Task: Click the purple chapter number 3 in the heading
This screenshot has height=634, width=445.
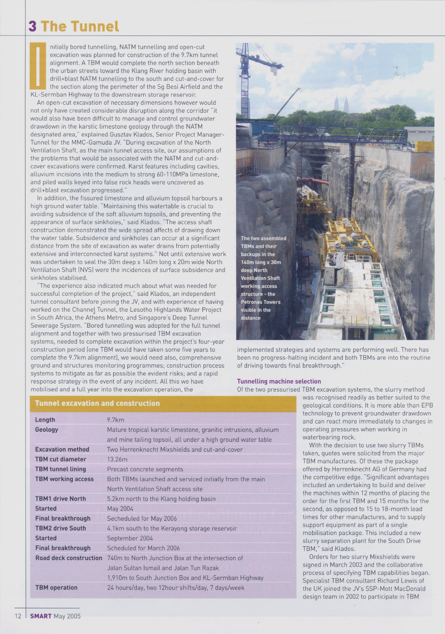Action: pyautogui.click(x=32, y=26)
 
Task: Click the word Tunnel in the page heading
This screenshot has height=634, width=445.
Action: pyautogui.click(x=95, y=26)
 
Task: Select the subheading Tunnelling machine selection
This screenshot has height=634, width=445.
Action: pyautogui.click(x=279, y=381)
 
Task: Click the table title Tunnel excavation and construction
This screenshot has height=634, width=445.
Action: pyautogui.click(x=97, y=403)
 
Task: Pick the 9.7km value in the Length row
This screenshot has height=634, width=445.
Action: pyautogui.click(x=115, y=420)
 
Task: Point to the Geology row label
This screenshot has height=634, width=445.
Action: pyautogui.click(x=47, y=430)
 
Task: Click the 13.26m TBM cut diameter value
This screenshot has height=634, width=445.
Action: pyautogui.click(x=117, y=459)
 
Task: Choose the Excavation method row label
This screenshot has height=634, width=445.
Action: pyautogui.click(x=62, y=450)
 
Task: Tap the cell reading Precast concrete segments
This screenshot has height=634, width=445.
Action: pyautogui.click(x=145, y=469)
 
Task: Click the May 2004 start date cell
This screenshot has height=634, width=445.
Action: pyautogui.click(x=120, y=509)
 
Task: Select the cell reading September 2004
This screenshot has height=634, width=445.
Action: pyautogui.click(x=130, y=538)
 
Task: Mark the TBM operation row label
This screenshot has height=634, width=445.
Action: pyautogui.click(x=56, y=587)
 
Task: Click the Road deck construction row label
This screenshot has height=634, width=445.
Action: pyautogui.click(x=68, y=558)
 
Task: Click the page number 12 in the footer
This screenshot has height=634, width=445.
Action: pyautogui.click(x=18, y=616)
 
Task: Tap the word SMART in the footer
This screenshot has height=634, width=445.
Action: pyautogui.click(x=41, y=616)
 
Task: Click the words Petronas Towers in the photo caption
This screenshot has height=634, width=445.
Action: pyautogui.click(x=261, y=302)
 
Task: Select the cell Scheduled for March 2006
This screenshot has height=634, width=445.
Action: pyautogui.click(x=143, y=548)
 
